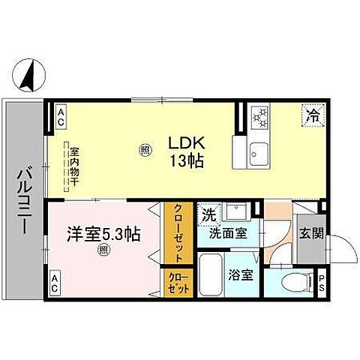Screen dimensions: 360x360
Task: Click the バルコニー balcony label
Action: tap(23, 203)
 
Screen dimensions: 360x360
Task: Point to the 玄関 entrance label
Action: tap(312, 233)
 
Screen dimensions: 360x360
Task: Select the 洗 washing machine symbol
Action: tap(209, 214)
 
